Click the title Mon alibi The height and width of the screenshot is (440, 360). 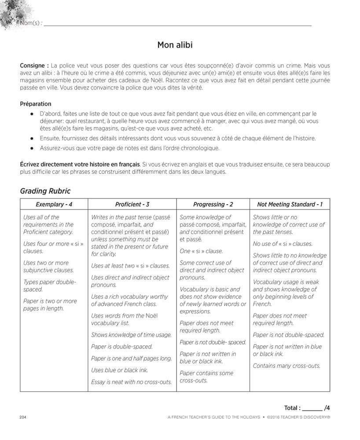[175, 45]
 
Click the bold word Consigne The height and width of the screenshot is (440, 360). [33, 66]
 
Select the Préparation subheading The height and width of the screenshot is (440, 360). [36, 104]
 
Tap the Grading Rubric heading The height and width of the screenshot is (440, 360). [45, 191]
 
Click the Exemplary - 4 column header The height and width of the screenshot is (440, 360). [54, 204]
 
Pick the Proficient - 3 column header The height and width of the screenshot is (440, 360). [132, 204]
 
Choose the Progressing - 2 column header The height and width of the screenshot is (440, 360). [213, 204]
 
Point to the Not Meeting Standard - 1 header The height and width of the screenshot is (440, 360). [290, 204]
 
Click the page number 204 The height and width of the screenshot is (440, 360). [24, 417]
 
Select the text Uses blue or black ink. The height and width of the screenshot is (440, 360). [119, 370]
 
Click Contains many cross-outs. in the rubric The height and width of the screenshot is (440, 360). [287, 366]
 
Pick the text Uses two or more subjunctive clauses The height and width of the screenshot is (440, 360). [48, 267]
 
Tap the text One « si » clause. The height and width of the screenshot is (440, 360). [201, 251]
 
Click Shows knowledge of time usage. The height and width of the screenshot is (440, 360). [131, 335]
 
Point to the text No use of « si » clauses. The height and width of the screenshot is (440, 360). [283, 244]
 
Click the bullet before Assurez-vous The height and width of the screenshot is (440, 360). [32, 148]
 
